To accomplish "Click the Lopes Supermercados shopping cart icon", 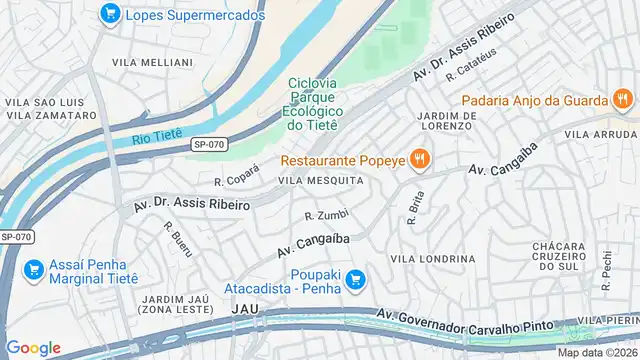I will (x=110, y=14).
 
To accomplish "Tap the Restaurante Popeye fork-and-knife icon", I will (x=419, y=160).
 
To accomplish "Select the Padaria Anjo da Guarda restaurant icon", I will (x=622, y=100).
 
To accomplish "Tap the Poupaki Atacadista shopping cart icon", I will (x=356, y=282).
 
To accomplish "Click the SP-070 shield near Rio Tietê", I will (x=209, y=145).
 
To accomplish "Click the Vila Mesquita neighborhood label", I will (x=320, y=180).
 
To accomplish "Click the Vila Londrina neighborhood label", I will (x=432, y=258).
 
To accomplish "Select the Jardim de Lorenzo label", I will (x=439, y=120).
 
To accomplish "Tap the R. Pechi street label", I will (x=606, y=270).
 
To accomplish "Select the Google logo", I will (x=33, y=347).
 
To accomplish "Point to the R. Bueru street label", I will (x=179, y=239).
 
